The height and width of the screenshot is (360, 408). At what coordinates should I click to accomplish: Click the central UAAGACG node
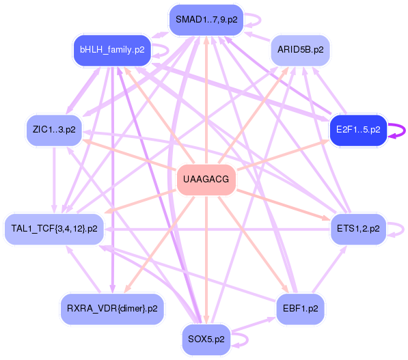pos(206,180)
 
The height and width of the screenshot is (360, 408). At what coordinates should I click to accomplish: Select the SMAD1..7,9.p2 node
pos(206,20)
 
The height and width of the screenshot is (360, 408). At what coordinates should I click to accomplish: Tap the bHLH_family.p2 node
pos(112,50)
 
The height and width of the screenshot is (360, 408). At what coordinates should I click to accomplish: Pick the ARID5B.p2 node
pos(301,50)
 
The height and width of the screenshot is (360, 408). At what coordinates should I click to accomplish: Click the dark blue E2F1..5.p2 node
pos(358,130)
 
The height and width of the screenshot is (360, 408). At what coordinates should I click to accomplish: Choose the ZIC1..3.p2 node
pos(54,130)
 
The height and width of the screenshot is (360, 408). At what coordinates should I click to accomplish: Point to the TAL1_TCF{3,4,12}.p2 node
pos(54,229)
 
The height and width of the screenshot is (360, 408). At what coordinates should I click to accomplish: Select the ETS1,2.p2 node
pos(358,229)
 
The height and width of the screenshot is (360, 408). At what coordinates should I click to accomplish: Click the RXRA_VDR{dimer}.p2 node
pos(112,309)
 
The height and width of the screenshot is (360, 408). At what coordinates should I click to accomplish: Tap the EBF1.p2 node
pos(301,309)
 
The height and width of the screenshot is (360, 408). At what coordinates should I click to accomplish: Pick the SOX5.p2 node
pos(206,340)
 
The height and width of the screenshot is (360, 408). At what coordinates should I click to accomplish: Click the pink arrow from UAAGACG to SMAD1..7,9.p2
pos(206,100)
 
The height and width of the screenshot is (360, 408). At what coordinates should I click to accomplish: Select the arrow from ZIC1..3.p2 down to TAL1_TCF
pos(54,180)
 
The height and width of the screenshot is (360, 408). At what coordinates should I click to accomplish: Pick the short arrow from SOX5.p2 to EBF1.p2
pos(253,324)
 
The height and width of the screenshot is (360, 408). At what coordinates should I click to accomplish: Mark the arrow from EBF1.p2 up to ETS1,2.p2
pos(329,269)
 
